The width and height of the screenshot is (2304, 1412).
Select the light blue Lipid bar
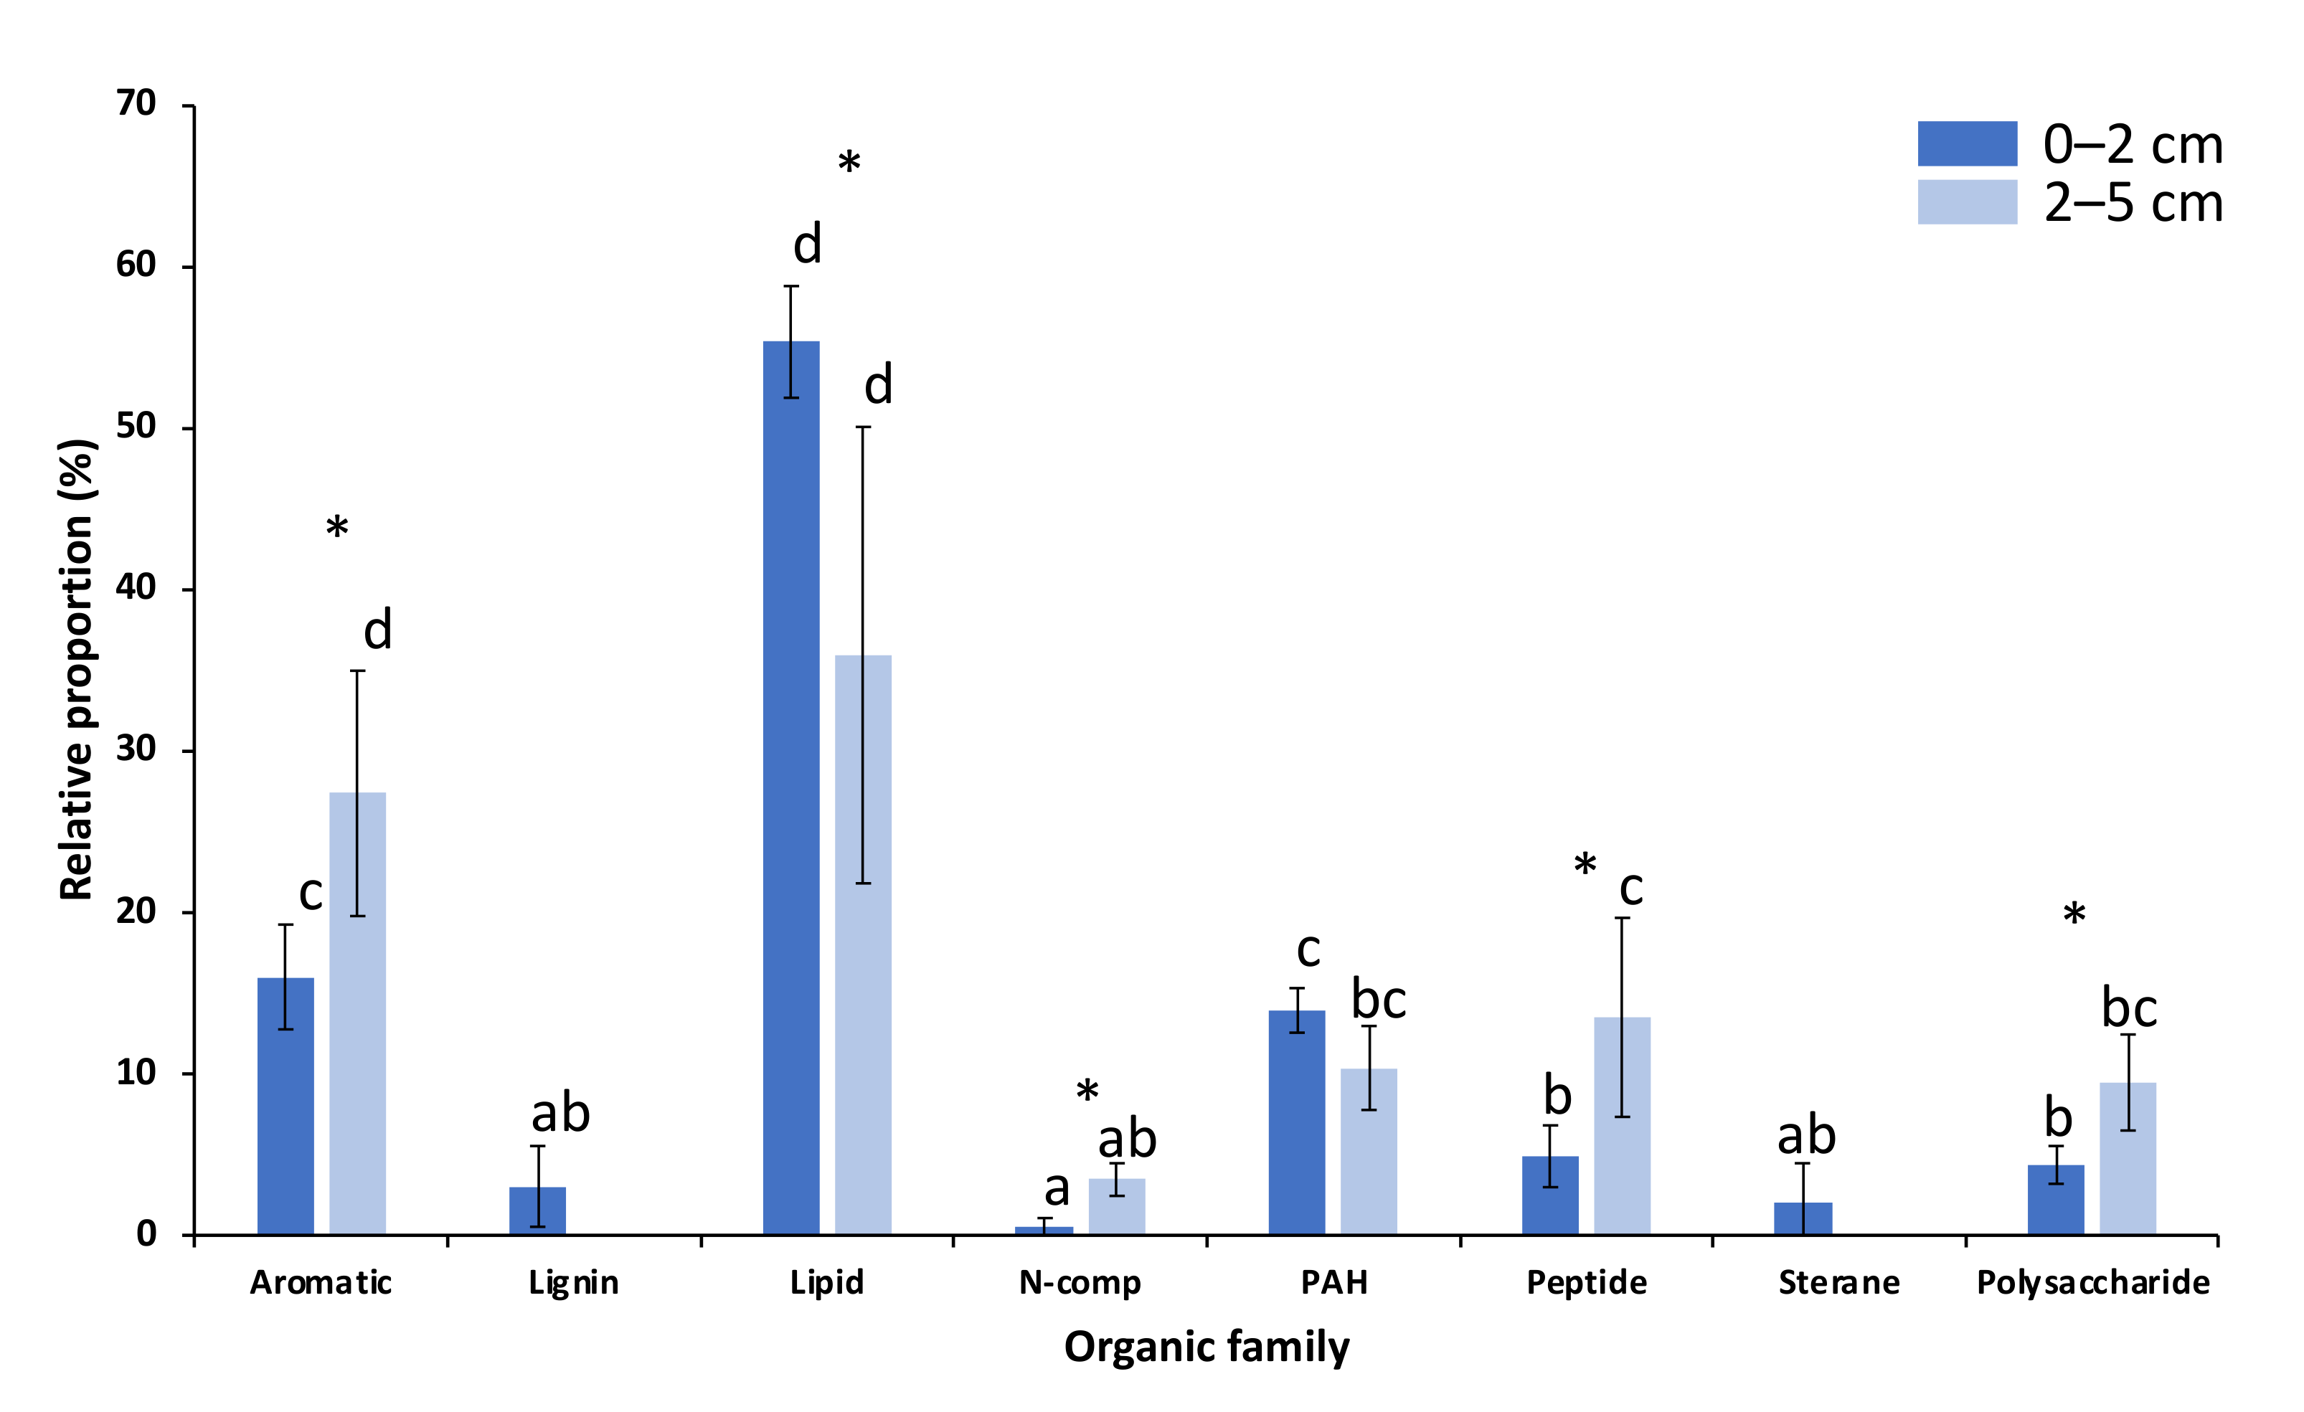pyautogui.click(x=863, y=944)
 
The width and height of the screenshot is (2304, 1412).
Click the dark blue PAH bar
pyautogui.click(x=1297, y=1122)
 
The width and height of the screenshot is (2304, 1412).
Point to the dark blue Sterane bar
pyautogui.click(x=1803, y=1218)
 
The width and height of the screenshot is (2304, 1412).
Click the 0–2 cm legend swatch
pyautogui.click(x=1968, y=143)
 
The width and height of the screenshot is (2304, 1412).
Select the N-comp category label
pyautogui.click(x=1080, y=1283)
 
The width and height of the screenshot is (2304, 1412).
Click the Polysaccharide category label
pyautogui.click(x=2092, y=1283)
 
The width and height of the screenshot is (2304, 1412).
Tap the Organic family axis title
pyautogui.click(x=1207, y=1347)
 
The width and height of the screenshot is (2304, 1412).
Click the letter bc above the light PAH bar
pyautogui.click(x=1378, y=1000)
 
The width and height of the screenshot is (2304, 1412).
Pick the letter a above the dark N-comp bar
pyautogui.click(x=1057, y=1190)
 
